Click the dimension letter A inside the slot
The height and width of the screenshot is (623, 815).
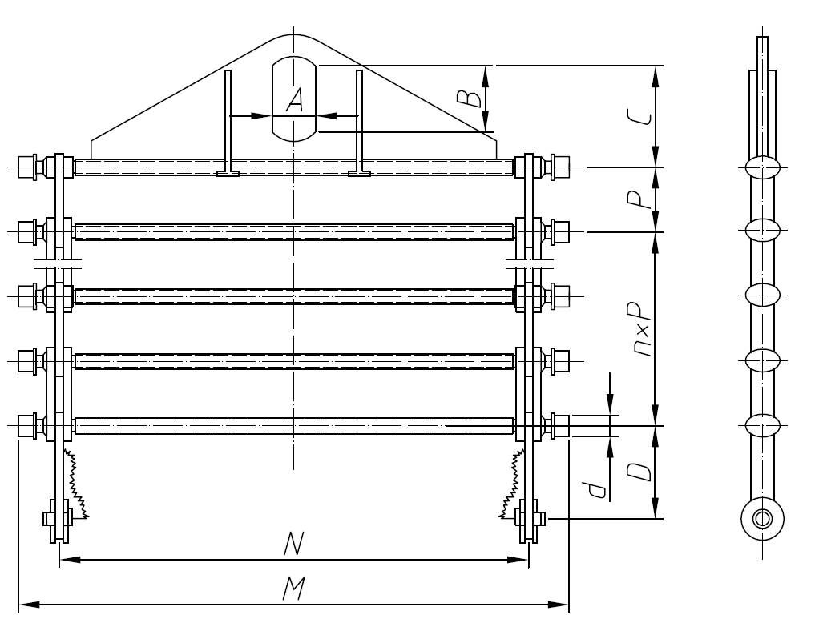pyautogui.click(x=295, y=100)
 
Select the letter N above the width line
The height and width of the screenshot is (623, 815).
pyautogui.click(x=293, y=545)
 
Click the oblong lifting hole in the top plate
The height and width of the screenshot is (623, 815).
pyautogui.click(x=294, y=98)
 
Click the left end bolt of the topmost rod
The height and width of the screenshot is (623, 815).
pyautogui.click(x=28, y=167)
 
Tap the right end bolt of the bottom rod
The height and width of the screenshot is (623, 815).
pyautogui.click(x=559, y=425)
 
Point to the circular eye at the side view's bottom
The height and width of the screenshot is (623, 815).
pyautogui.click(x=762, y=518)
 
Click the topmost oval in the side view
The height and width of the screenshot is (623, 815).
pyautogui.click(x=762, y=167)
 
